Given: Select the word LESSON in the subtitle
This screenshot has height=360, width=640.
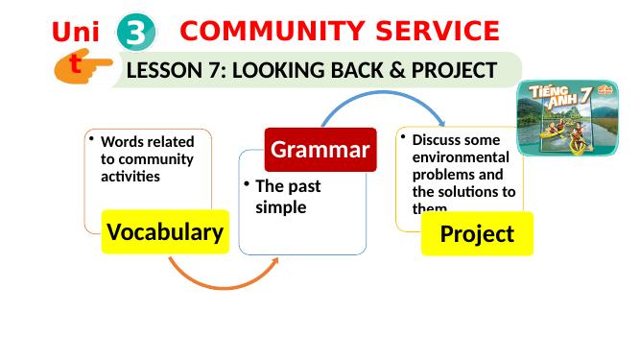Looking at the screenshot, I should click(x=164, y=70).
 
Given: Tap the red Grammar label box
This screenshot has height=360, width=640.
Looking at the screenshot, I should click(x=320, y=149).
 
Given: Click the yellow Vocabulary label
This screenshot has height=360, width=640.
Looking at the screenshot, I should click(x=165, y=231).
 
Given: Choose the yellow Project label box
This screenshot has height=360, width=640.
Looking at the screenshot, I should click(x=477, y=233).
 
